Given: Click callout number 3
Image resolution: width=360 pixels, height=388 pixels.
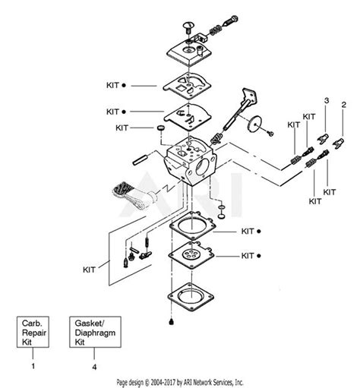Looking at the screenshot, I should (327, 100).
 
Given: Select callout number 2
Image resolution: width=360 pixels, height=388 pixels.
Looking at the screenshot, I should (344, 103).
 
